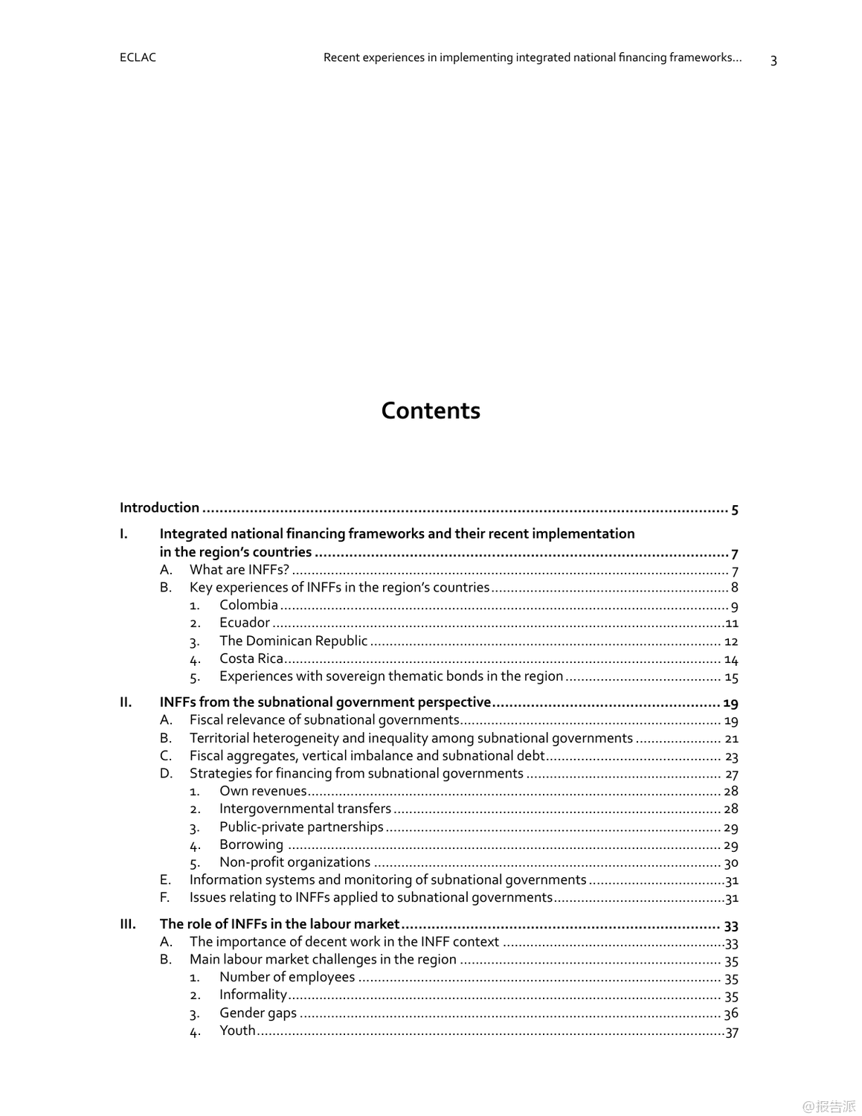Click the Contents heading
[431, 411]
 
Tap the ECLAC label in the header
[138, 57]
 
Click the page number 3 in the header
[773, 60]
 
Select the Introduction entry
[159, 508]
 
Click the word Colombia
[248, 605]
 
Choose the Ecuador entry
[244, 623]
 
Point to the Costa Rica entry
[251, 658]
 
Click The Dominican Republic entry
[293, 641]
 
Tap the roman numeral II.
[126, 702]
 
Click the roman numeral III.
[128, 924]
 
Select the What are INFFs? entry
[239, 570]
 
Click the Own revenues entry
[263, 791]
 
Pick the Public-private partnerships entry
[301, 827]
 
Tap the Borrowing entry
[251, 844]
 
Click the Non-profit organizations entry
[295, 862]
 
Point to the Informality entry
[253, 995]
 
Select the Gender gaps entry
[257, 1013]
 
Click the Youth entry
[237, 1030]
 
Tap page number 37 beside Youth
[732, 1032]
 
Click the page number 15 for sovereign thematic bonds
[731, 678]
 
